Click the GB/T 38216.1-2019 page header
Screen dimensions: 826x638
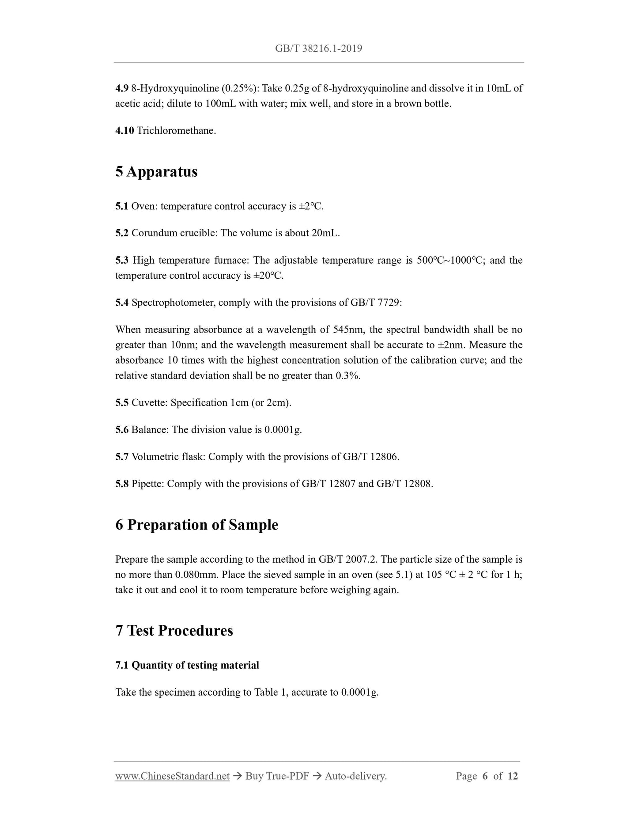point(318,49)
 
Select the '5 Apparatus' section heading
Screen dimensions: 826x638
point(156,171)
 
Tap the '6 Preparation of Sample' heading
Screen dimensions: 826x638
point(196,525)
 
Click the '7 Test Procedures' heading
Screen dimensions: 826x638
point(174,630)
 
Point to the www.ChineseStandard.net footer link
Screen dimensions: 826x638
point(172,776)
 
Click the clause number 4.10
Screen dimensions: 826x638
point(125,131)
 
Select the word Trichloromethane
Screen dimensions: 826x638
point(176,131)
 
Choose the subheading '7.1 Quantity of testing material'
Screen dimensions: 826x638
point(187,665)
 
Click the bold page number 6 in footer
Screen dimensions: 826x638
point(485,776)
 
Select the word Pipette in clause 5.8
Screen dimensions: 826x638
point(147,484)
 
